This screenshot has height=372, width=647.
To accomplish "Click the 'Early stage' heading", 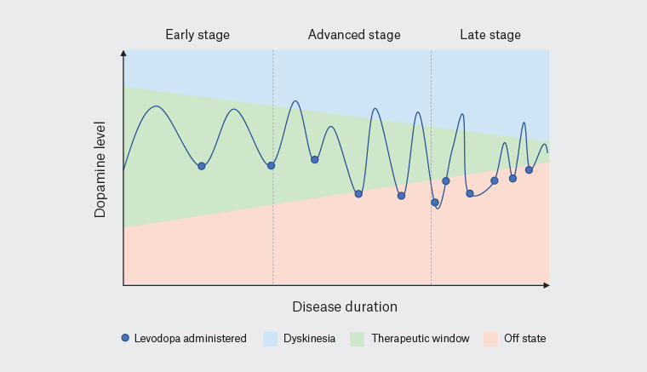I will tap(198, 35).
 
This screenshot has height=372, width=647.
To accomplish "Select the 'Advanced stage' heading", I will tap(354, 35).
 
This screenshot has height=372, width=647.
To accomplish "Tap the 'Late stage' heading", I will tap(490, 35).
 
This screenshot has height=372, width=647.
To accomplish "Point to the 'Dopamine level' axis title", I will tap(100, 169).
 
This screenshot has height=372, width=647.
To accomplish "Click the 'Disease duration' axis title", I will tap(345, 306).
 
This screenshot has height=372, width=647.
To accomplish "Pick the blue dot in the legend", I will tap(125, 338).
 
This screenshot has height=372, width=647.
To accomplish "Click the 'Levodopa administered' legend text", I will tap(190, 339).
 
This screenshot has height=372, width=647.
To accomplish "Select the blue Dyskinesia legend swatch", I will tap(272, 339).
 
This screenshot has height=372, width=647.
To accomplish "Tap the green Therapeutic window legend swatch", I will tap(357, 339).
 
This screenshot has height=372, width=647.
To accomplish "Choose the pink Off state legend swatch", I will tap(490, 339).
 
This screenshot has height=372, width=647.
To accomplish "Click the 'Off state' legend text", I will tap(525, 339).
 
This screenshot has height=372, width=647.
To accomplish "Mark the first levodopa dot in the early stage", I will tap(202, 166).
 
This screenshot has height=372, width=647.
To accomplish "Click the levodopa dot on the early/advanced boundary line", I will tap(272, 165).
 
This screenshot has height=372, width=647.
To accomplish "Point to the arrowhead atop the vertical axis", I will tap(124, 53).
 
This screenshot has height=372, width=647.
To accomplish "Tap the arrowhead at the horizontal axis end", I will tap(546, 284).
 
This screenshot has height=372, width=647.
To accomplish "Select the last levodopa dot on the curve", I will tap(529, 169).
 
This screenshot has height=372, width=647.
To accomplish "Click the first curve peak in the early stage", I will tap(155, 106).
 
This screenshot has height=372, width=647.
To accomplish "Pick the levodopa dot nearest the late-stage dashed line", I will tap(434, 203).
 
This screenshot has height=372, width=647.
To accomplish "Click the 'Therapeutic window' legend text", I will tap(420, 339).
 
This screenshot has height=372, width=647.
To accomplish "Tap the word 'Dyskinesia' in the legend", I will tap(308, 339).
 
